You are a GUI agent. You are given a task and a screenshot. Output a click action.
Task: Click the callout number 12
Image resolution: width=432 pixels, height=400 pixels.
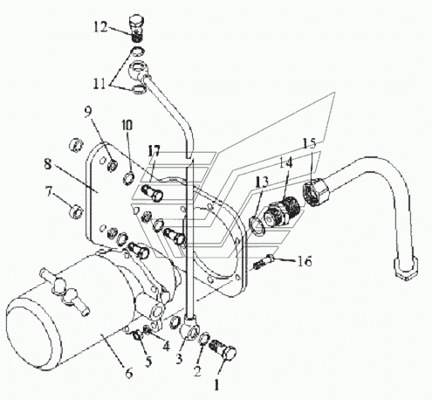100,27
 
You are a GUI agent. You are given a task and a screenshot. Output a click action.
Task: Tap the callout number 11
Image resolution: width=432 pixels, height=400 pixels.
99,84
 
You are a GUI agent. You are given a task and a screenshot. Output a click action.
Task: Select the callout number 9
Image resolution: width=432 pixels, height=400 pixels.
88,112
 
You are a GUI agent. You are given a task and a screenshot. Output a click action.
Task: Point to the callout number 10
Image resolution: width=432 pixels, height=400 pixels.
127,126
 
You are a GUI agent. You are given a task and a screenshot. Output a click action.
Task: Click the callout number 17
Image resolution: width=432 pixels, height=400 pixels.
154,151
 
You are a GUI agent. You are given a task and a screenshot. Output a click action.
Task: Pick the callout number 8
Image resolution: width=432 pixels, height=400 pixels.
48,164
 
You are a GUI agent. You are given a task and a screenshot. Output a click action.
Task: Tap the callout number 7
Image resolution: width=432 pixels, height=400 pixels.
49,192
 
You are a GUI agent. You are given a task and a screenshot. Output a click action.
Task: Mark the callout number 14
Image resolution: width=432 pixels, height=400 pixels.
286,162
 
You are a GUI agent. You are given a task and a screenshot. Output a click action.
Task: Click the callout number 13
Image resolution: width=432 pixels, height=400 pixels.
262,183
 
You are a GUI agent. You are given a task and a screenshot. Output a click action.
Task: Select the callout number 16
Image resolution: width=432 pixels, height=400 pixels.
305,261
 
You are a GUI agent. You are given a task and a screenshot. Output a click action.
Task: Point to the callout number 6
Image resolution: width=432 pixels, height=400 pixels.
129,372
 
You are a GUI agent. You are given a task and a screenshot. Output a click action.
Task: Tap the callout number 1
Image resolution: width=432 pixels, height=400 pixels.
216,385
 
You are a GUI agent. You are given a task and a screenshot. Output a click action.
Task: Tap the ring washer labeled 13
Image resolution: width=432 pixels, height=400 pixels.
257,225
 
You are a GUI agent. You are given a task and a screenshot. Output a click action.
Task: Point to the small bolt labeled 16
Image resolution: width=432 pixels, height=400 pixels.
264,261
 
